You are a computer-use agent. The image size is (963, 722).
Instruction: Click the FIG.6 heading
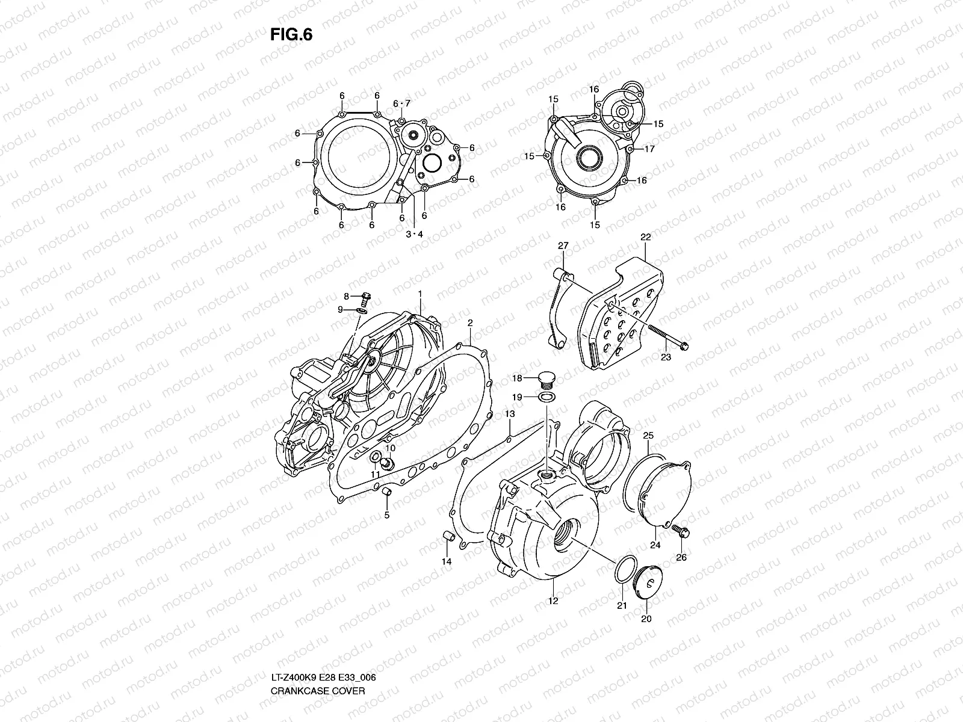pyautogui.click(x=291, y=35)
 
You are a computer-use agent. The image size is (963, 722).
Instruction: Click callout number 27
pyautogui.click(x=563, y=245)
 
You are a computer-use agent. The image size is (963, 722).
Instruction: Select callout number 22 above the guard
pyautogui.click(x=645, y=237)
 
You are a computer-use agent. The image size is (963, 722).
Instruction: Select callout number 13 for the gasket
pyautogui.click(x=510, y=415)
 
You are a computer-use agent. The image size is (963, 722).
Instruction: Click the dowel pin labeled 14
pyautogui.click(x=448, y=537)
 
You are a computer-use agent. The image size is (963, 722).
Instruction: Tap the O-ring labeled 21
pyautogui.click(x=623, y=570)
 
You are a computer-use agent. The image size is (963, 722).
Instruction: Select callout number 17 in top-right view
pyautogui.click(x=650, y=149)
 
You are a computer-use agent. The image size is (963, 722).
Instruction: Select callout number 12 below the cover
pyautogui.click(x=553, y=600)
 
